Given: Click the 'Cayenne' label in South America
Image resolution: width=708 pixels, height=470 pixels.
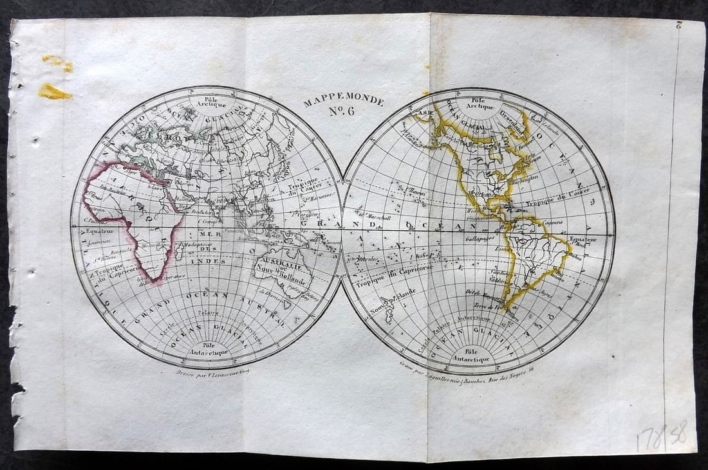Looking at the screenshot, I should [552, 222].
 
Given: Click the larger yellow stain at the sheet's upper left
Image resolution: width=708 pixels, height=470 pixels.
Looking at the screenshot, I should [55, 92].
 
